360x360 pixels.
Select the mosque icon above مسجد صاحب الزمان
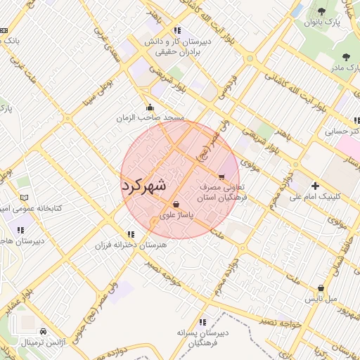coord(150,108)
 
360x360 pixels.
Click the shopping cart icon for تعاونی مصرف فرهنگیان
coord(222,177)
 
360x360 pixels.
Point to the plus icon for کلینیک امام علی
coord(315,186)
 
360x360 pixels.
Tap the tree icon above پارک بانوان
coord(321,11)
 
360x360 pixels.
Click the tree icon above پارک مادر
coord(345,57)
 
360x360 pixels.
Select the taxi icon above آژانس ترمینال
coord(44,331)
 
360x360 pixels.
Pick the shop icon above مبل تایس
coord(321,288)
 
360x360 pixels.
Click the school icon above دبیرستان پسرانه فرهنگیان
coord(203,321)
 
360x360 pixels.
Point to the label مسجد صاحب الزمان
coord(150,118)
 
